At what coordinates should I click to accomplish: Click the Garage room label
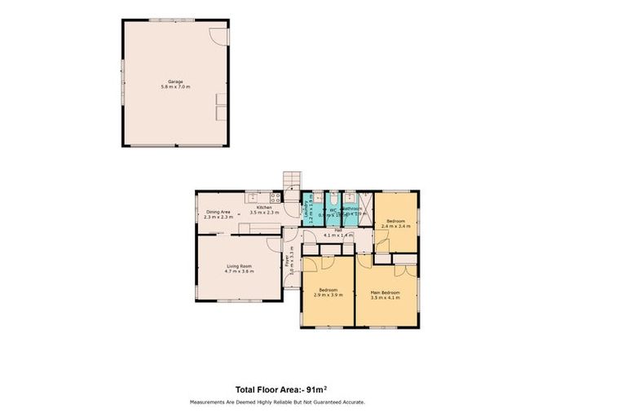tap(174, 81)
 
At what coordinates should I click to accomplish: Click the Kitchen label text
tap(263, 208)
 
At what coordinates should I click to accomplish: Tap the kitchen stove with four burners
tap(276, 197)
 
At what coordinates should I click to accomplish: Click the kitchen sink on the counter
tap(253, 195)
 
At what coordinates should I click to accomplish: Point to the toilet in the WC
tap(335, 197)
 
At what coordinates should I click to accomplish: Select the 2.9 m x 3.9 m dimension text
tap(328, 296)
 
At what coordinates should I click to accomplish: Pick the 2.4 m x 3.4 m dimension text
tap(396, 226)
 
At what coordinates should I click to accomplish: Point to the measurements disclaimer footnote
tap(277, 402)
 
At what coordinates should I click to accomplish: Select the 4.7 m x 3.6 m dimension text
tap(239, 271)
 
